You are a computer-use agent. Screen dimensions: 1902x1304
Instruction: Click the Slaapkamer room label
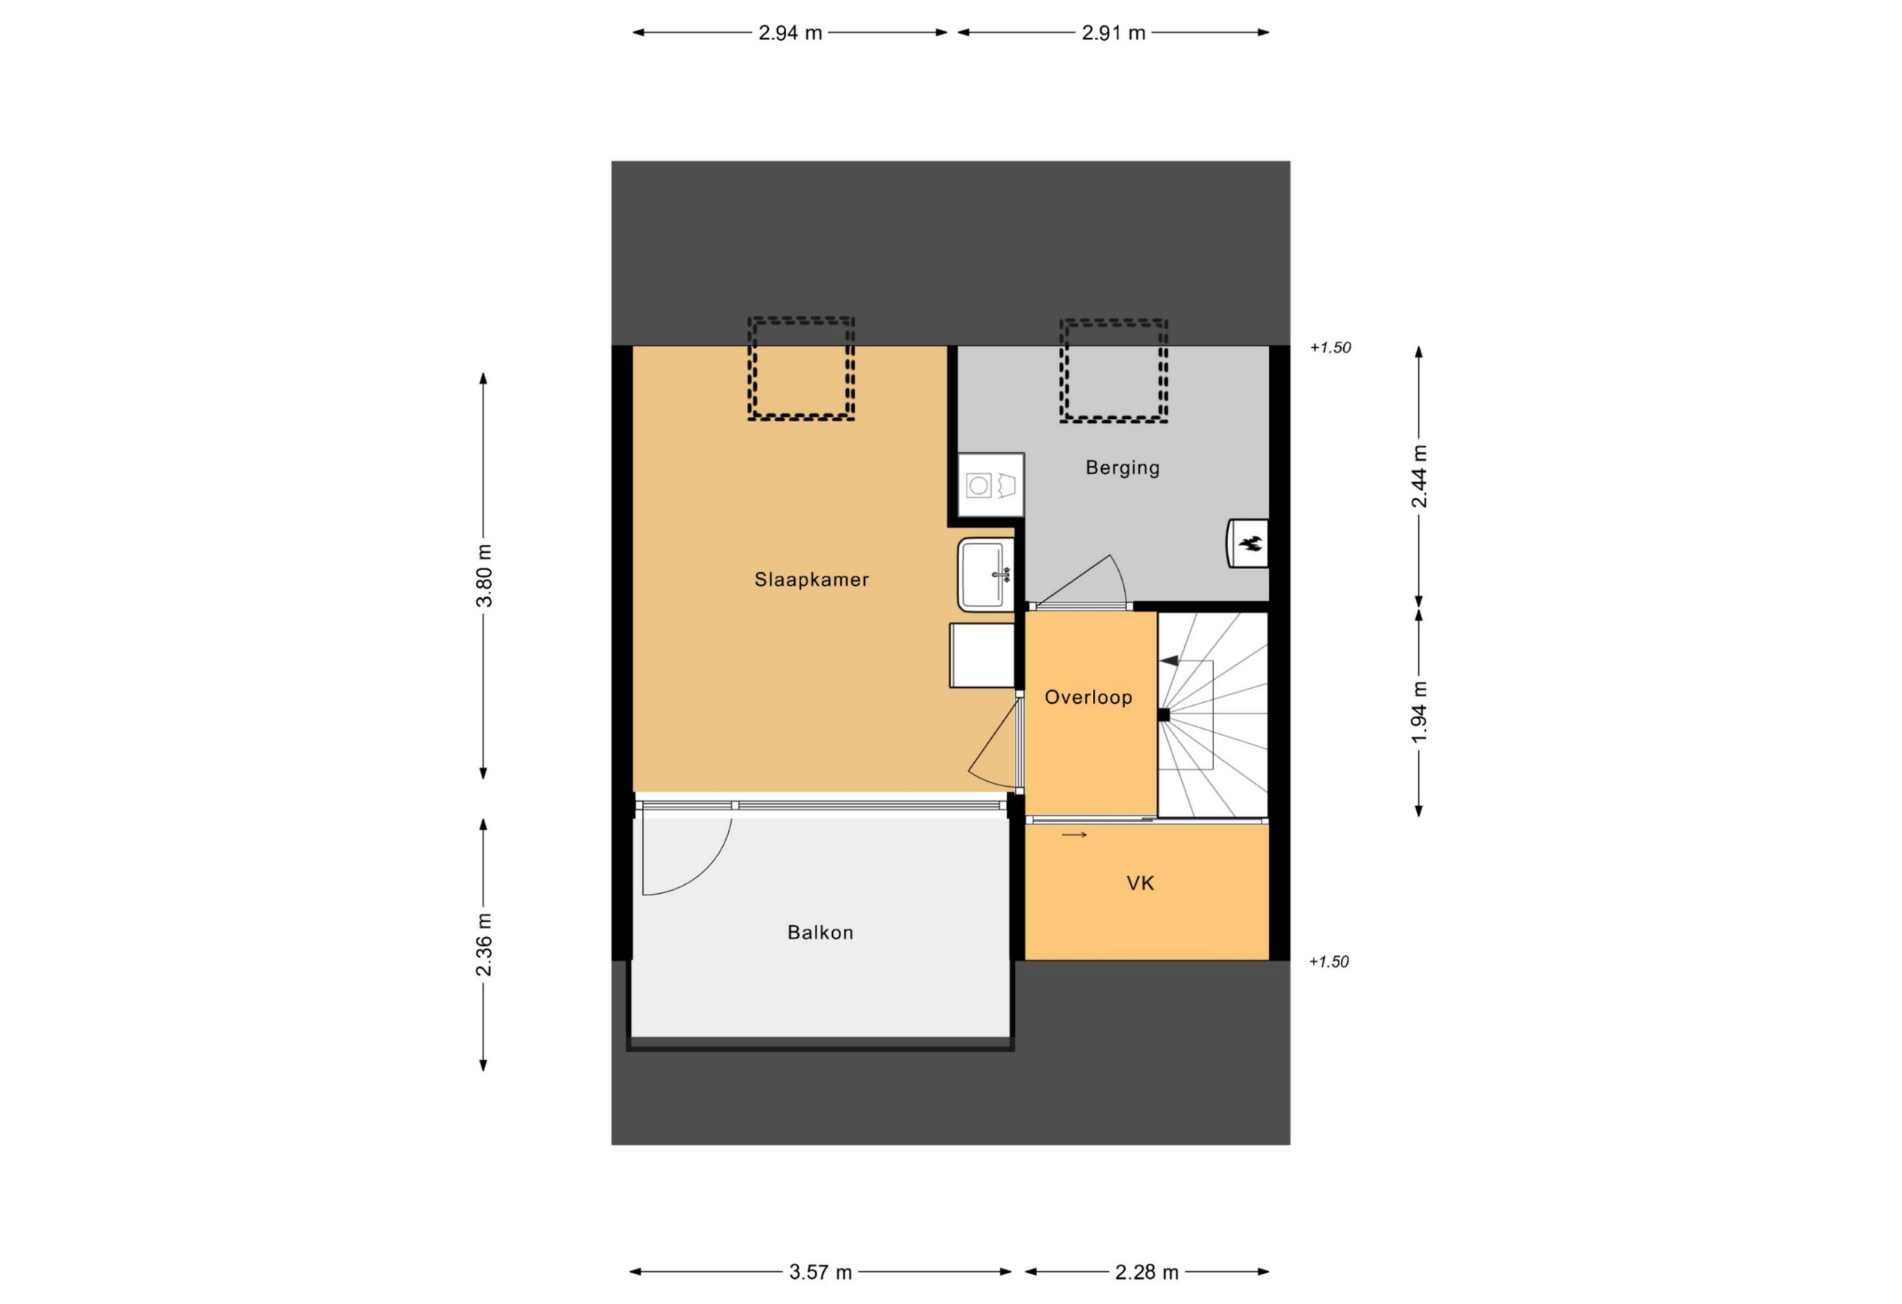(x=811, y=580)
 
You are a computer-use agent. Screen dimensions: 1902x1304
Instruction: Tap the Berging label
(x=1122, y=467)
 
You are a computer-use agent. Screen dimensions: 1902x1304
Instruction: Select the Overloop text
(x=1088, y=698)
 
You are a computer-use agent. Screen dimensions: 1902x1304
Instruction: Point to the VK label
(x=1140, y=883)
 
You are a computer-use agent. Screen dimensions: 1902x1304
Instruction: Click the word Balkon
(x=820, y=932)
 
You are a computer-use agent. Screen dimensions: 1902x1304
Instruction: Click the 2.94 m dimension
(x=790, y=33)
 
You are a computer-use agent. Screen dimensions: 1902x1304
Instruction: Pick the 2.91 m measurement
(x=1113, y=33)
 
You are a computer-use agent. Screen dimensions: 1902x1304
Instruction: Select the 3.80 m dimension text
(x=484, y=575)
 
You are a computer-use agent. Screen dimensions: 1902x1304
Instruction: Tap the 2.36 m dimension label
(x=484, y=944)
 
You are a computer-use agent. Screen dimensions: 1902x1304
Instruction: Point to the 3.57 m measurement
(x=820, y=1272)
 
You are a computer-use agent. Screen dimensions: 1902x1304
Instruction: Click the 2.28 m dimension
(x=1146, y=1272)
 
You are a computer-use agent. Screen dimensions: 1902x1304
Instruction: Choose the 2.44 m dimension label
(x=1419, y=476)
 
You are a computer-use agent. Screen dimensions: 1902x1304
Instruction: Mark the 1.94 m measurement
(x=1419, y=712)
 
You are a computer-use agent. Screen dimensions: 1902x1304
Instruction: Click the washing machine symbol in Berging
(x=991, y=484)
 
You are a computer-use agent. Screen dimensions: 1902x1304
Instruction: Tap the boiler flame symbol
(x=1250, y=544)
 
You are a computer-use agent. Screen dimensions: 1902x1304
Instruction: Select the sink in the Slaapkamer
(x=986, y=574)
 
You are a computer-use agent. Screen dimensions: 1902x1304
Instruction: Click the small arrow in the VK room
(x=1074, y=835)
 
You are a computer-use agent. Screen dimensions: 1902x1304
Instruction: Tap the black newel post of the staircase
(x=1163, y=716)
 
